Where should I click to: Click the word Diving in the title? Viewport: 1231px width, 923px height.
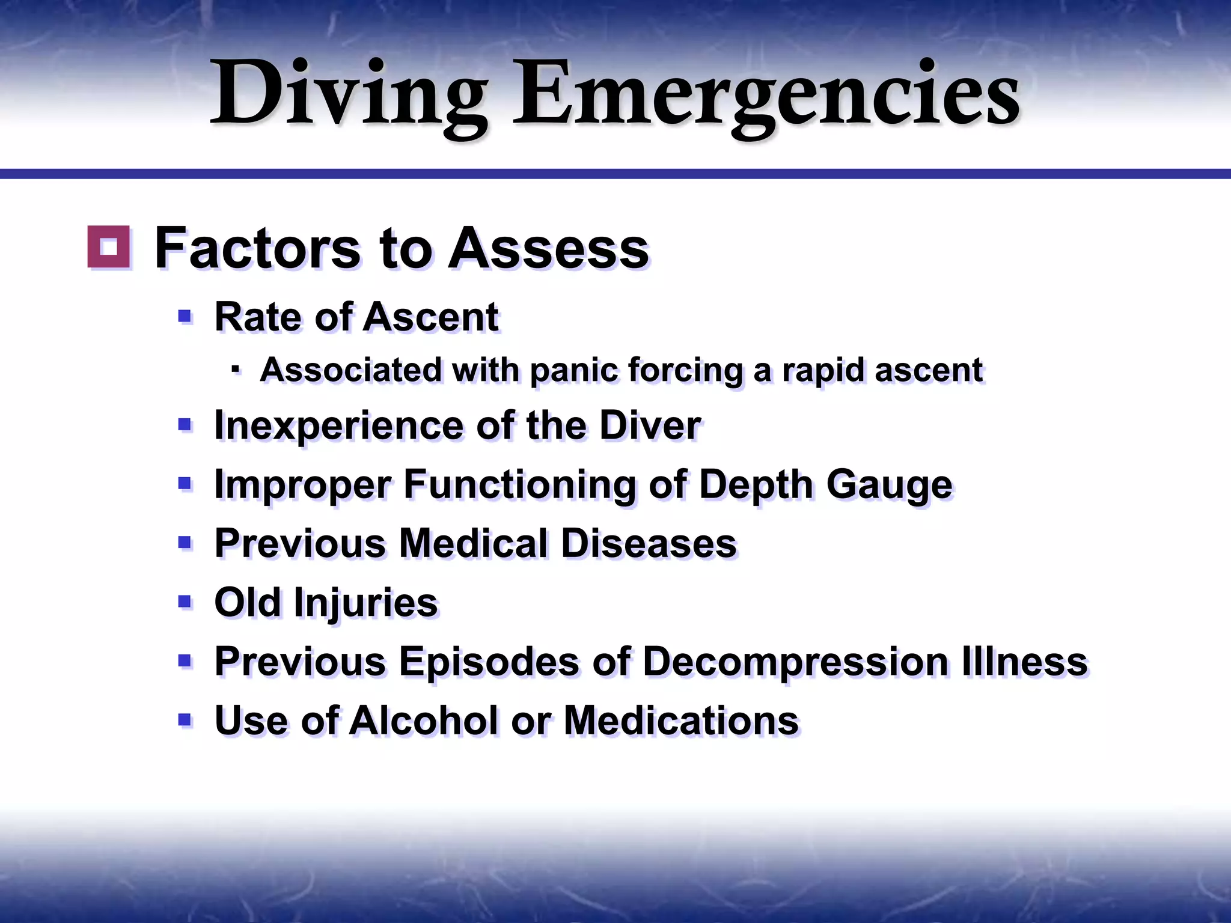point(349,95)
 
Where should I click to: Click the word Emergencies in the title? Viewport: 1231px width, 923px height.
point(766,95)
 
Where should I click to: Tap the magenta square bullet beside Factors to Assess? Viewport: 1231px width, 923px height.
point(109,246)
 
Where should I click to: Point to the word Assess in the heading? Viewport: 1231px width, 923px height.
point(548,248)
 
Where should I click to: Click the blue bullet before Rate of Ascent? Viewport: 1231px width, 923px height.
point(185,316)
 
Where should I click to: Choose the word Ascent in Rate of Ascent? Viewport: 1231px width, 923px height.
point(431,317)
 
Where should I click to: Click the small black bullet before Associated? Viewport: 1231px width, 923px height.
point(236,369)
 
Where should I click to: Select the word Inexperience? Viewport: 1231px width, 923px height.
point(339,425)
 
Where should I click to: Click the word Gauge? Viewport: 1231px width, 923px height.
point(889,484)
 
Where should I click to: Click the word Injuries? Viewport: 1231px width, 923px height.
point(366,603)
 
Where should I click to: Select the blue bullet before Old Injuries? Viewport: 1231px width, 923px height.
point(185,602)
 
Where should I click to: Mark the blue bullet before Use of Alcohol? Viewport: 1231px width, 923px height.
point(185,719)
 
